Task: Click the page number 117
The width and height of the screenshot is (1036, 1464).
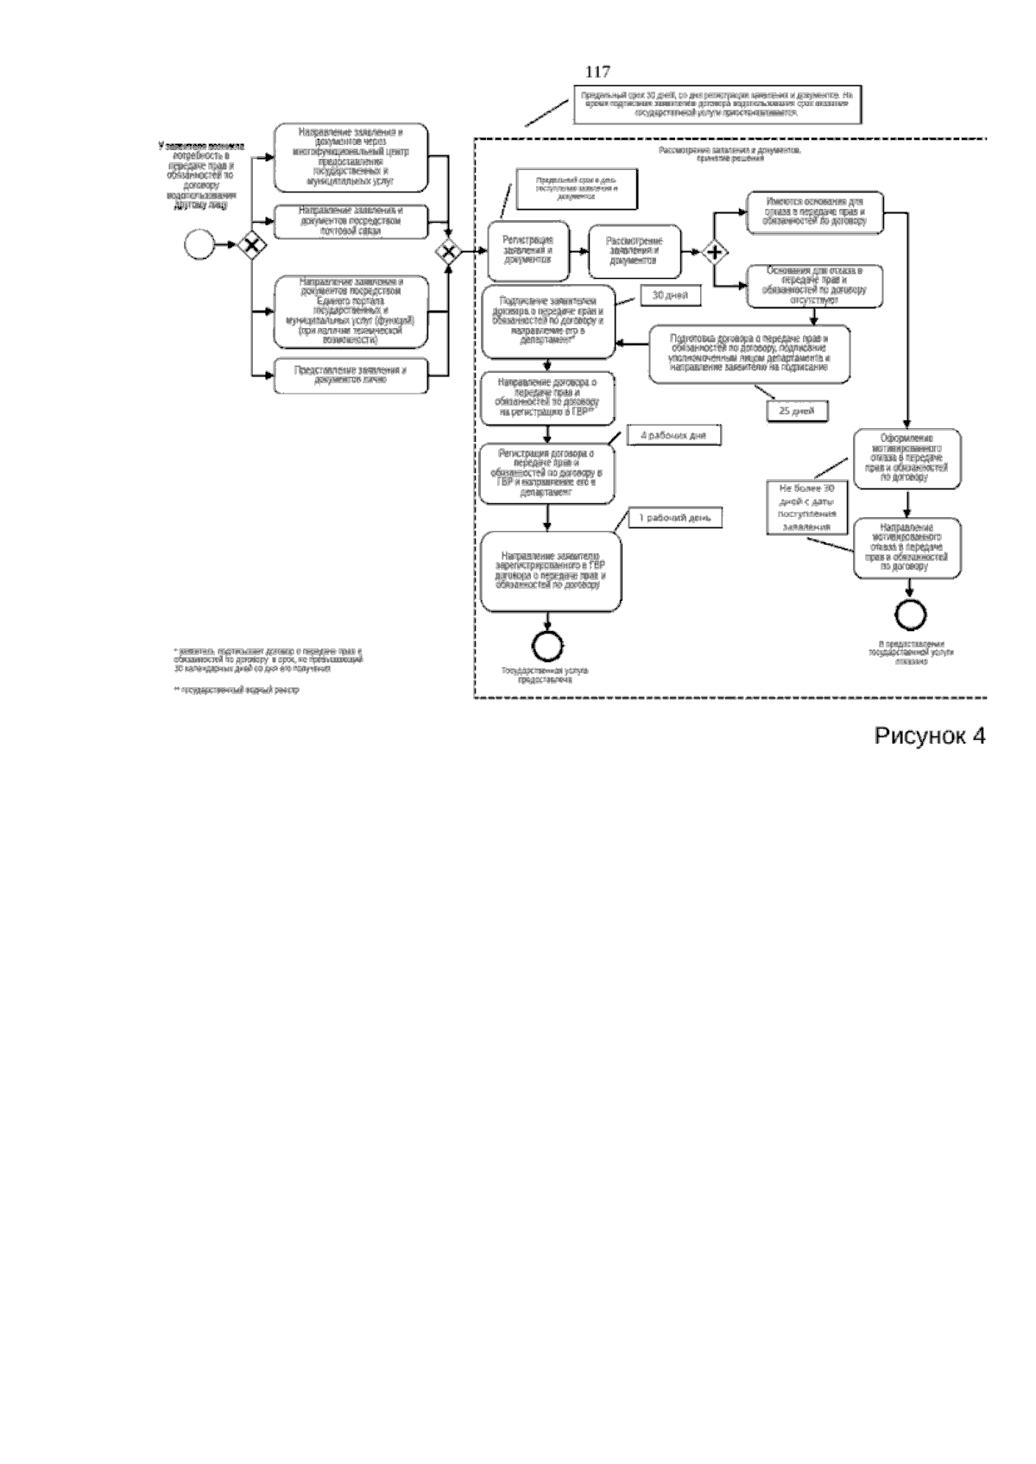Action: [x=597, y=73]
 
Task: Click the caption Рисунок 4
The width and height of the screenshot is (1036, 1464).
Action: [x=930, y=736]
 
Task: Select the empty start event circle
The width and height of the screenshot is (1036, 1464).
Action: [x=200, y=245]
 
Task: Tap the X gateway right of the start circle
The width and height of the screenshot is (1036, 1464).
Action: [x=250, y=245]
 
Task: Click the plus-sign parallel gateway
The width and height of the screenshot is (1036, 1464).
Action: [x=715, y=252]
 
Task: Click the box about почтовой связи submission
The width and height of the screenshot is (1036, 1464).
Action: [x=351, y=222]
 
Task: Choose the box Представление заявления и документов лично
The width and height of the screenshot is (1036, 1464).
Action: [x=351, y=375]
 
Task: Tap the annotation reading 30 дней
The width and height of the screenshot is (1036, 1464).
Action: [x=670, y=295]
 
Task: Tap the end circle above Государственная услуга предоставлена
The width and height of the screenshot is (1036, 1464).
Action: [x=548, y=645]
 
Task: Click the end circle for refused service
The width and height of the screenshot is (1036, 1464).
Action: [x=911, y=615]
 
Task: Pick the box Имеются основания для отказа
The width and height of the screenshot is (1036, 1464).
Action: [x=814, y=211]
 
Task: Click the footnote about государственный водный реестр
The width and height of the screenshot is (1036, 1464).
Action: [x=237, y=691]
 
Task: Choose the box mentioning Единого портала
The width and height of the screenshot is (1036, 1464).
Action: [x=351, y=311]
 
